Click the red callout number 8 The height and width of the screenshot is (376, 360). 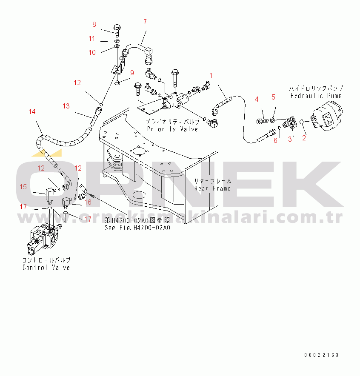click(x=94, y=25)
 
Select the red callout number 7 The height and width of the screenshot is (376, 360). click(x=145, y=22)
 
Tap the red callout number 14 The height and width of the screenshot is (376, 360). click(x=32, y=111)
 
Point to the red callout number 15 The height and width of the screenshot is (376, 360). click(x=23, y=187)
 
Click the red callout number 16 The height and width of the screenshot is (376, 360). click(x=88, y=202)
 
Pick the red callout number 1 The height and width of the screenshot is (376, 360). click(x=211, y=76)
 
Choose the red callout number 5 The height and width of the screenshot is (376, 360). click(x=273, y=97)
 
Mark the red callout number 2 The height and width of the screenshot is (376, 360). click(x=304, y=138)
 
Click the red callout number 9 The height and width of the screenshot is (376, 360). click(x=132, y=73)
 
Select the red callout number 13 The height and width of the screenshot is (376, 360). click(x=66, y=106)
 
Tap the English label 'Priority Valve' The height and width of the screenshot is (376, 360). click(x=172, y=129)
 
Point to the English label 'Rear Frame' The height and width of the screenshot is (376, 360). click(x=212, y=188)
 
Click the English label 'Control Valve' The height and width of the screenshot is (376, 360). click(x=46, y=268)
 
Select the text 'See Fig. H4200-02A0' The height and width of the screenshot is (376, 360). click(x=137, y=228)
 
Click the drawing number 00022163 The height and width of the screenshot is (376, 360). click(x=321, y=355)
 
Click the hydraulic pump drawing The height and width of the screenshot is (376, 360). click(x=327, y=116)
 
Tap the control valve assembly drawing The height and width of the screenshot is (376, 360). click(x=43, y=239)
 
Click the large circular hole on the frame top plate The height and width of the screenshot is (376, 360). click(x=139, y=151)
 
